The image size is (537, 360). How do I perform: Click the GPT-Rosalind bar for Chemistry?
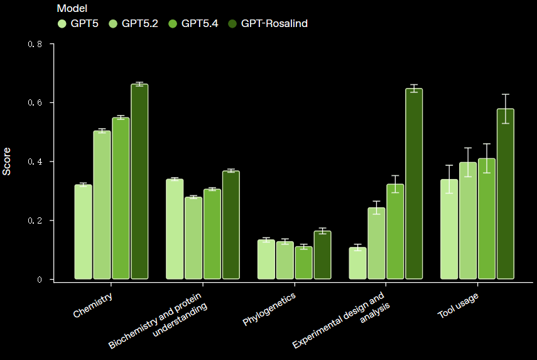[139, 182]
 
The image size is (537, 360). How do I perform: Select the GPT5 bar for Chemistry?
[84, 232]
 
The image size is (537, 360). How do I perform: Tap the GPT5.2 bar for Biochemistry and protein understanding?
[193, 238]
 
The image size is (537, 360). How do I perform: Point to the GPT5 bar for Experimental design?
[358, 263]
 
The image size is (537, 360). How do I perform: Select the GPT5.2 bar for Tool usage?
[468, 221]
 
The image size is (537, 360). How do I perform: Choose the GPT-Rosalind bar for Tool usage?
[505, 194]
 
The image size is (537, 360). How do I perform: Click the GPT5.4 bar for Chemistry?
[121, 199]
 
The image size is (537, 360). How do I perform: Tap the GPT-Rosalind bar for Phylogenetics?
[322, 255]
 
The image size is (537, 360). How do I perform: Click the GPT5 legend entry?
[78, 24]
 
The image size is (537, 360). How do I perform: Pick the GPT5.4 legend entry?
[192, 24]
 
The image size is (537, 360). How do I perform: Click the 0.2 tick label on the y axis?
[36, 221]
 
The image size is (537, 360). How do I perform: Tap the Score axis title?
[8, 161]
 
